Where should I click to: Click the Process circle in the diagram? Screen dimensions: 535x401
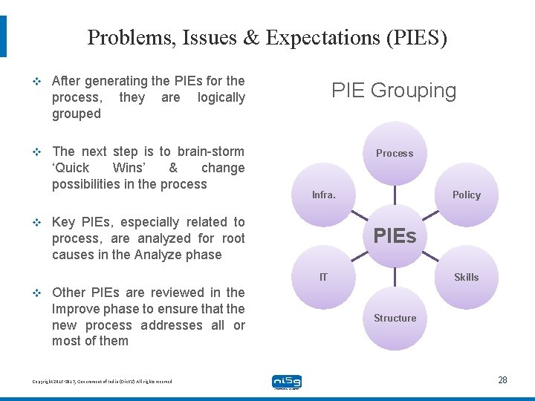[395, 153]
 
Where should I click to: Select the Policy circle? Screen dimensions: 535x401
[467, 195]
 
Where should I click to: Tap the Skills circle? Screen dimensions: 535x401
[467, 277]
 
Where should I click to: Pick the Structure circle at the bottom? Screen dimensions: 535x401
[395, 318]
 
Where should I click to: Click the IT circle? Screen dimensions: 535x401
[323, 277]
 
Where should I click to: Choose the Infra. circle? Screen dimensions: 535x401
[323, 195]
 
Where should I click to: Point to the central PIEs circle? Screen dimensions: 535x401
[395, 236]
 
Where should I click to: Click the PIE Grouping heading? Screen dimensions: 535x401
[394, 91]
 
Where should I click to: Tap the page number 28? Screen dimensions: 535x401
[502, 379]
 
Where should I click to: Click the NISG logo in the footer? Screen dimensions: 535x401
[287, 382]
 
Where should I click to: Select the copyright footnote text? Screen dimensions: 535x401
[102, 381]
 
